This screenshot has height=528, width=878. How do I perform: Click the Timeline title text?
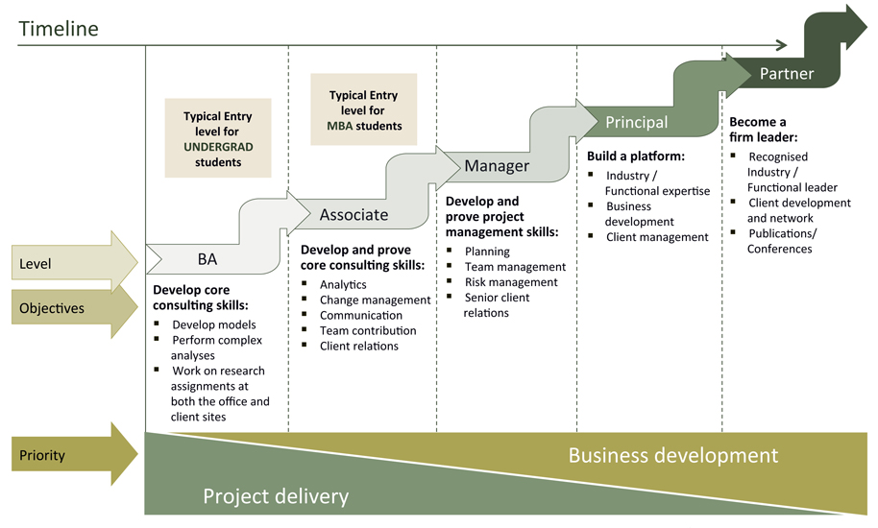point(59,29)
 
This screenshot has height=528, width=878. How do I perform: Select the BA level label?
point(207,259)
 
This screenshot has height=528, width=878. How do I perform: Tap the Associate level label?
point(354,215)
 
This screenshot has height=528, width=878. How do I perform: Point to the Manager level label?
point(497,166)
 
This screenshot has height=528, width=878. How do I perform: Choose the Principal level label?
point(636,122)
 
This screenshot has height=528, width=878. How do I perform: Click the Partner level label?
point(786,74)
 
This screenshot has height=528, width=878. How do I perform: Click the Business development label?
point(672,455)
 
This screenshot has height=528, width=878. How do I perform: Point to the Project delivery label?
point(276,495)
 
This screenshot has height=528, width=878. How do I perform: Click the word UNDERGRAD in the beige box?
point(217,147)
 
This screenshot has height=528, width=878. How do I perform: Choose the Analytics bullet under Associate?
point(343,284)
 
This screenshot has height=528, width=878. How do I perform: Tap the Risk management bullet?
point(511,282)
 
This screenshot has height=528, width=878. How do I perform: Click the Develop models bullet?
point(213,324)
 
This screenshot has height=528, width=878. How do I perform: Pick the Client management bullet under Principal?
point(656,237)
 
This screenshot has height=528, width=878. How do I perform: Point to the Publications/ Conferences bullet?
point(781,241)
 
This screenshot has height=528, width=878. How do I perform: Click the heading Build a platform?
point(636,156)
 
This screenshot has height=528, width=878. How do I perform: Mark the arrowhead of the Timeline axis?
point(782,45)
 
